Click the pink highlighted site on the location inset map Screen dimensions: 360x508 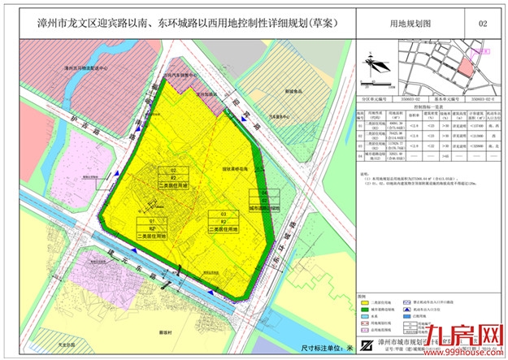(466, 62)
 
